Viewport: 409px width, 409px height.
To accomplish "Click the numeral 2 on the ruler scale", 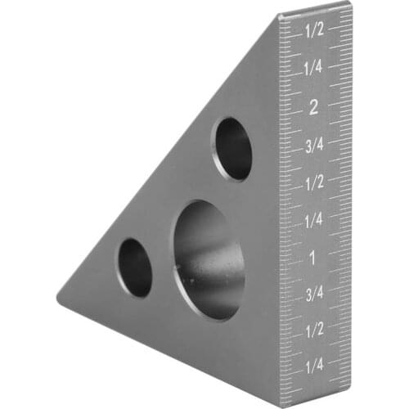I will coord(314,106).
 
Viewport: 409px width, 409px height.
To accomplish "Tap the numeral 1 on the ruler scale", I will coord(312,258).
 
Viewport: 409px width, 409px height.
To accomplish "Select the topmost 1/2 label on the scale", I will coord(314,30).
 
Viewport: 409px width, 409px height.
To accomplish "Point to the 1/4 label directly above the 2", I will coord(314,68).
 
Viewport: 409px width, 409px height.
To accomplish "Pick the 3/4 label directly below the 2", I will coord(313,145).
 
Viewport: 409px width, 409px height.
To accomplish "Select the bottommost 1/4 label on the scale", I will coord(313,366).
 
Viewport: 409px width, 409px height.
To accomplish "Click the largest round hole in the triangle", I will coord(209,259).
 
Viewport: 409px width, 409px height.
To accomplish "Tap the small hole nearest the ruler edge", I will coord(232,148).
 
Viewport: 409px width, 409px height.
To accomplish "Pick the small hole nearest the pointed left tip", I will coord(135,267).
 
